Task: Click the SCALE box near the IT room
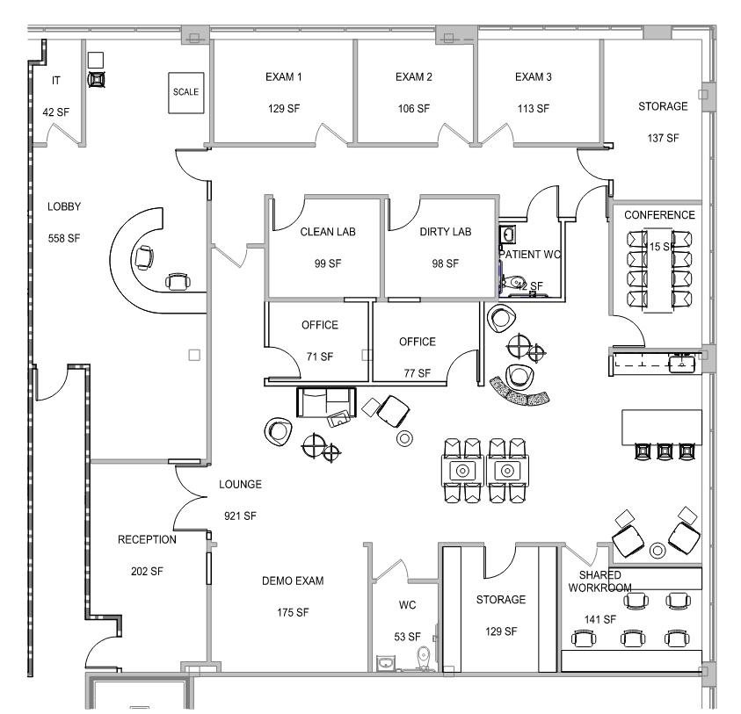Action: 185,92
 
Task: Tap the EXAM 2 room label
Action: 413,77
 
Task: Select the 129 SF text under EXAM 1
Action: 284,109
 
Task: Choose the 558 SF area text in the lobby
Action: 64,238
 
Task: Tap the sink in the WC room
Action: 386,660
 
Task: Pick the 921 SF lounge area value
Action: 239,516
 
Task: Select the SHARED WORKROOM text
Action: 600,581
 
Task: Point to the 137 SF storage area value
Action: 663,138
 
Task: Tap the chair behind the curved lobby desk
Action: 143,258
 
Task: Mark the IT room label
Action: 56,81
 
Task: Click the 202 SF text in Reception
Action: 147,571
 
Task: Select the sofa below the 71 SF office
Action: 326,400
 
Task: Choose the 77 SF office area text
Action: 418,373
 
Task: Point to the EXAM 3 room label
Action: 534,77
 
